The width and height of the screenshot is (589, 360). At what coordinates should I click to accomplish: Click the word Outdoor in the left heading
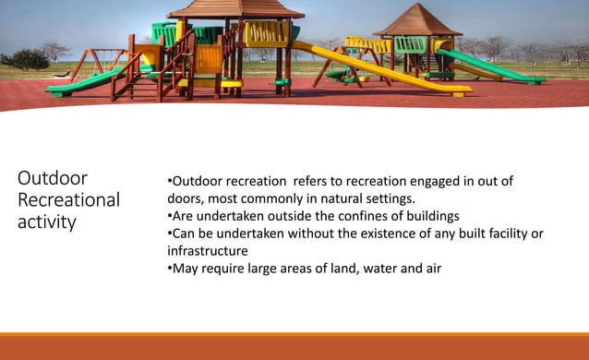point(53,177)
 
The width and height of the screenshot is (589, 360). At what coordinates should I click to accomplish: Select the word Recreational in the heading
point(69,199)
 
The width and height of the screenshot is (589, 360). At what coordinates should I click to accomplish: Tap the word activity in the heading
point(47,222)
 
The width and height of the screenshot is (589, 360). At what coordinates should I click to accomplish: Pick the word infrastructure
point(208,251)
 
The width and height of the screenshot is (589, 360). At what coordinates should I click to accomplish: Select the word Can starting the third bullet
point(185,234)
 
